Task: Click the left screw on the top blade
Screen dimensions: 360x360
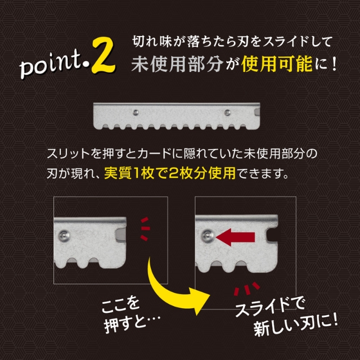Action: [136, 112]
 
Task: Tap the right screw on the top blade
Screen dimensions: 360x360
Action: [228, 111]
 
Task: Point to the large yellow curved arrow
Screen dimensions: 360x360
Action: [169, 284]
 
